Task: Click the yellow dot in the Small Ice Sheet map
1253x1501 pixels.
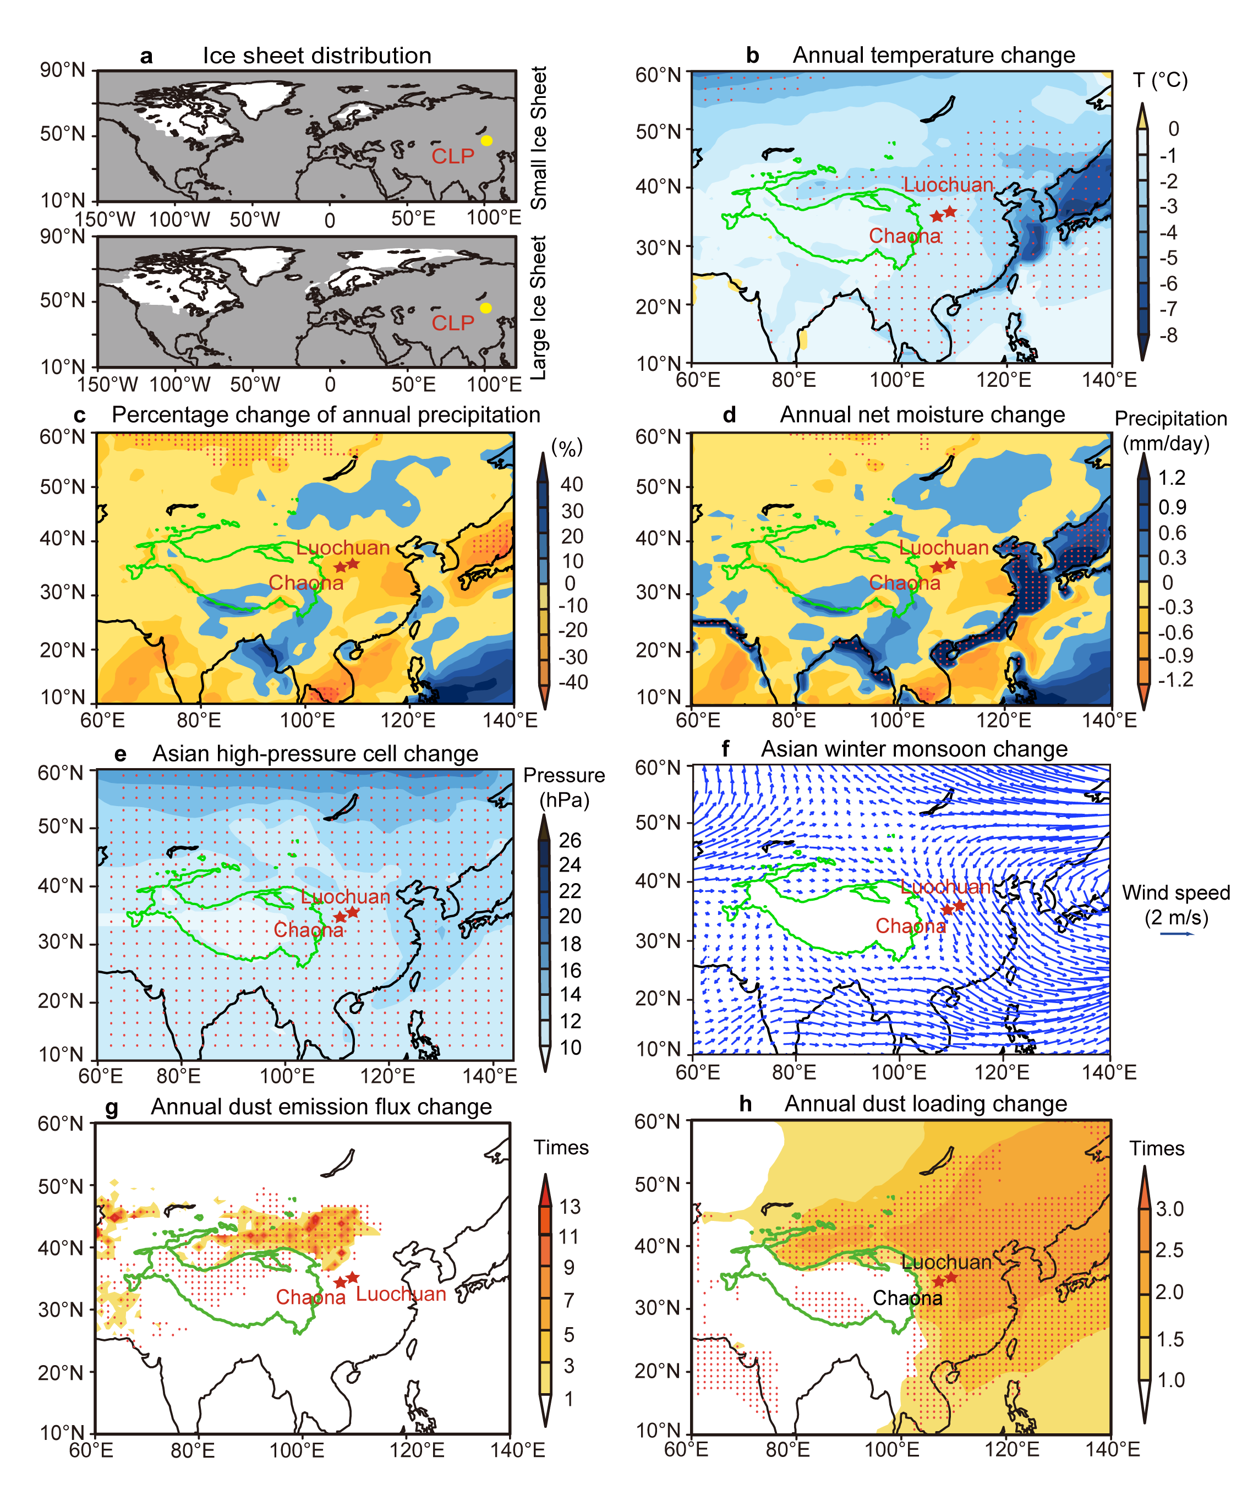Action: pyautogui.click(x=487, y=141)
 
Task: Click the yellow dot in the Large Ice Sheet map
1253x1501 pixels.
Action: pyautogui.click(x=486, y=308)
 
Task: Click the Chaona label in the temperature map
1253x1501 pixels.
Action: pyautogui.click(x=905, y=236)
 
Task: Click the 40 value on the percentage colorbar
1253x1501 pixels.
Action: pyautogui.click(x=572, y=485)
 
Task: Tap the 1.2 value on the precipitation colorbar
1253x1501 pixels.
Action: pyautogui.click(x=1172, y=478)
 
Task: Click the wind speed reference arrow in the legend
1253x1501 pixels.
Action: pyautogui.click(x=1177, y=934)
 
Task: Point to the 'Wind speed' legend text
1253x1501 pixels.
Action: pyautogui.click(x=1176, y=893)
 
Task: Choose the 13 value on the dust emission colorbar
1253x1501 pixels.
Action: pyautogui.click(x=570, y=1207)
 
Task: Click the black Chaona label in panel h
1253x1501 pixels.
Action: pyautogui.click(x=908, y=1298)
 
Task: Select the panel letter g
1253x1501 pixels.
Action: pyautogui.click(x=112, y=1108)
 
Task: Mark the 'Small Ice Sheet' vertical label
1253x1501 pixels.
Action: pyautogui.click(x=538, y=138)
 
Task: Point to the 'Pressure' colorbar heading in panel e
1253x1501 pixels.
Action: pyautogui.click(x=564, y=775)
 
